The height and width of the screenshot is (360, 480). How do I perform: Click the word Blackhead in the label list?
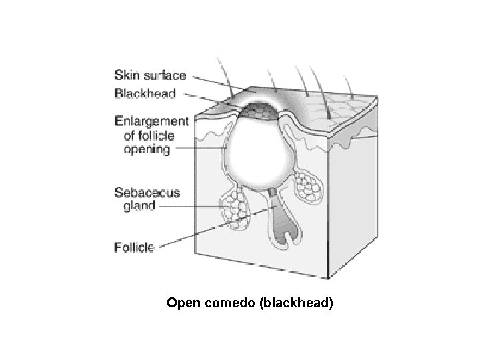tap(145, 93)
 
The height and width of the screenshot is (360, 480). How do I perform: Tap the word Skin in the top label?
tap(128, 75)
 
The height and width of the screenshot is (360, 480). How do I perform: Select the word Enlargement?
tap(151, 122)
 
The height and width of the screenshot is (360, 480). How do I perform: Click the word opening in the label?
tap(147, 149)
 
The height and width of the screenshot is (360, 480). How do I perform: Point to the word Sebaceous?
tap(147, 193)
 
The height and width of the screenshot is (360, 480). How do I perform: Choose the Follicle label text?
tap(134, 247)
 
